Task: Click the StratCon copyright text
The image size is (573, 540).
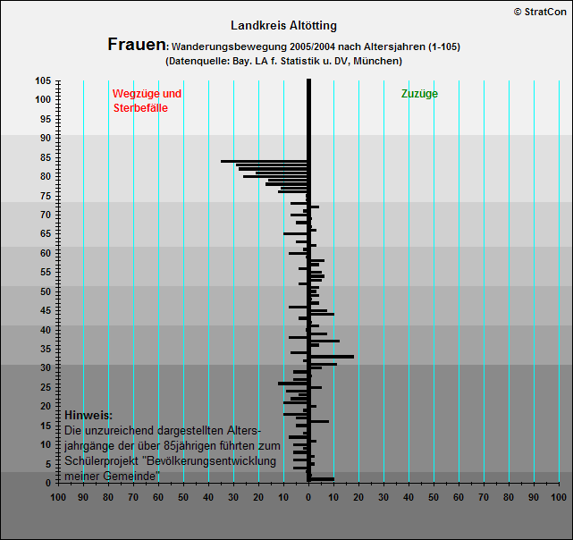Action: tap(540, 12)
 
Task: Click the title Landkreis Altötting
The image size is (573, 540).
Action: tap(283, 26)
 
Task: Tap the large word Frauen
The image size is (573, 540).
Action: tap(137, 45)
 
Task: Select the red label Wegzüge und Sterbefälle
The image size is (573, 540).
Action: tap(147, 100)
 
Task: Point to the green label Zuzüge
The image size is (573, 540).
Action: tap(419, 94)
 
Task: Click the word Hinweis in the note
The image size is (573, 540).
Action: tap(88, 415)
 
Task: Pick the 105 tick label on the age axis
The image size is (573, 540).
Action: tap(43, 80)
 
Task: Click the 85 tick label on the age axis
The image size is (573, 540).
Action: tap(46, 157)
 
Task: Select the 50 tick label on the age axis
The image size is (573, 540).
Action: tap(46, 291)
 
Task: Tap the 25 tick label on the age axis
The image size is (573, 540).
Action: tap(46, 387)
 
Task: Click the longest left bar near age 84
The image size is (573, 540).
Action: tap(264, 161)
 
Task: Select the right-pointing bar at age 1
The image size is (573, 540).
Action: tap(323, 479)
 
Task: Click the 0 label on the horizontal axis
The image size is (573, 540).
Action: tap(308, 497)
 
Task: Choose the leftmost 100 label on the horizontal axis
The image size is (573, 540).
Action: tap(58, 497)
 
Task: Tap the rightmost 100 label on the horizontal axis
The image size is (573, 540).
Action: tap(559, 497)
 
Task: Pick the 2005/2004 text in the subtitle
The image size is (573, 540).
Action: tap(313, 46)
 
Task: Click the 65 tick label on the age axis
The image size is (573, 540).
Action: tap(46, 233)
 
